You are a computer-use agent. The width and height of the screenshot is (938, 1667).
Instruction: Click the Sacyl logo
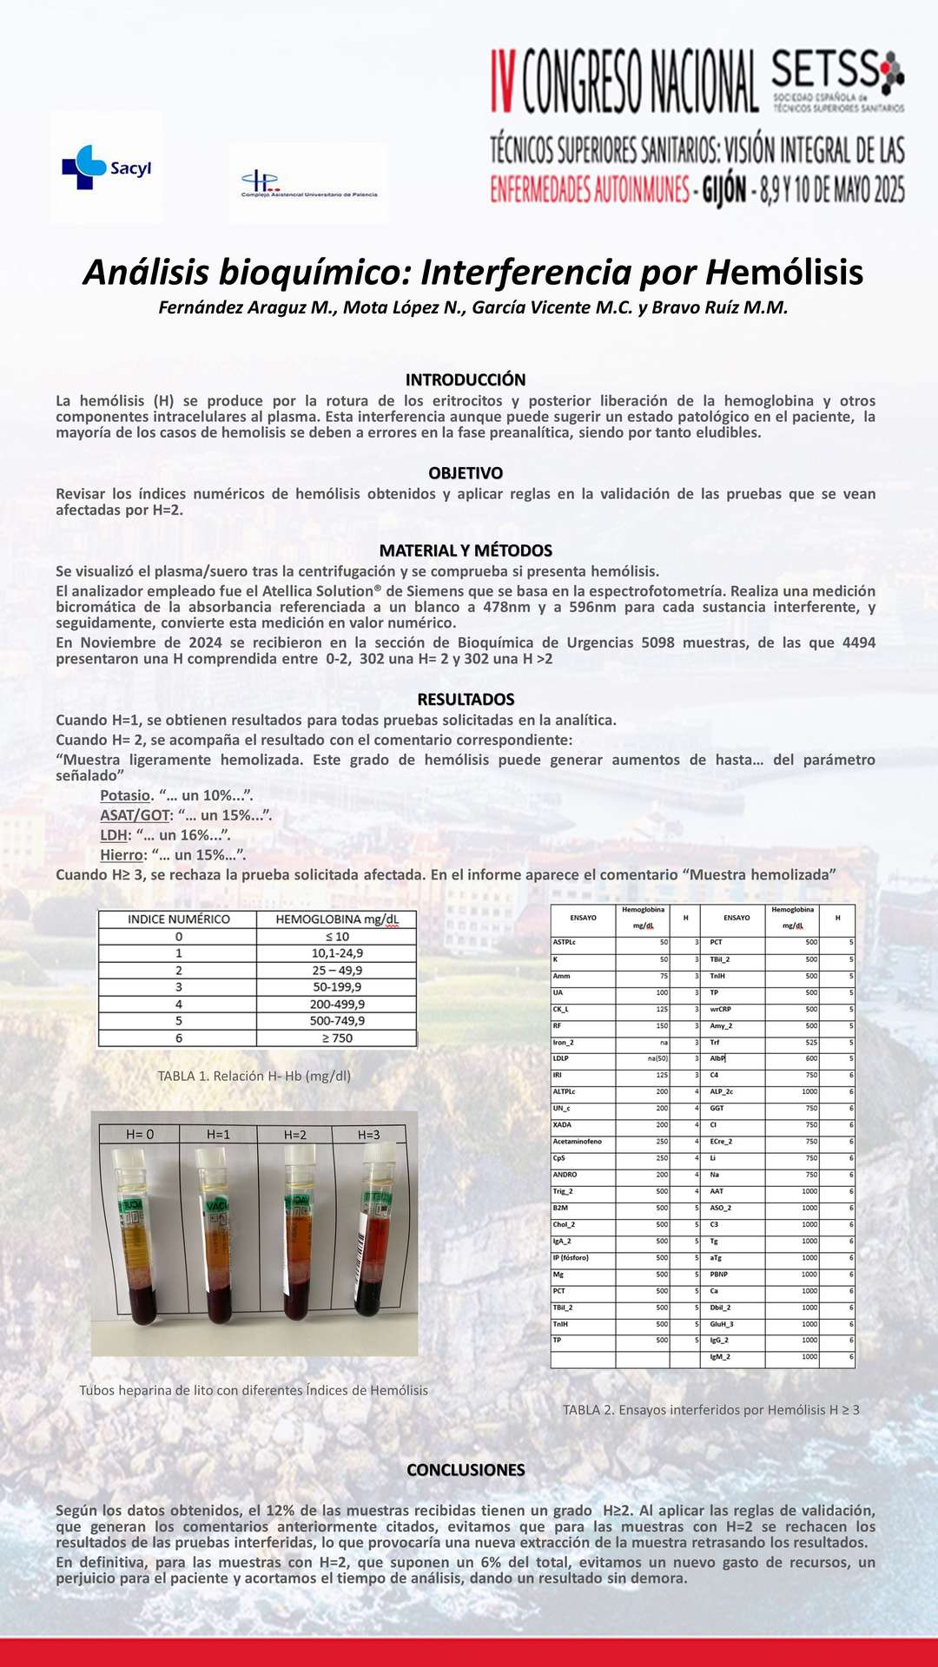(106, 168)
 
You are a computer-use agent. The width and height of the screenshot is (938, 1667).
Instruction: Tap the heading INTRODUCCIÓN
(466, 379)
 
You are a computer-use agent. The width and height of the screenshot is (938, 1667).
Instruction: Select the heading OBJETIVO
(466, 473)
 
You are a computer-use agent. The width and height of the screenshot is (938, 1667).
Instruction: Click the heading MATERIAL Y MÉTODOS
(466, 550)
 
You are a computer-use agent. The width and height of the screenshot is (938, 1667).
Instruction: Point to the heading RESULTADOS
(466, 699)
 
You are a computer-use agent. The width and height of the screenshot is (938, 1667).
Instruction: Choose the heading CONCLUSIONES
(466, 1470)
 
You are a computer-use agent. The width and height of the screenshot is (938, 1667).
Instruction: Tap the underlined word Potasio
(125, 795)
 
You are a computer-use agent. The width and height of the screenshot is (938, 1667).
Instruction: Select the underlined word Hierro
(121, 855)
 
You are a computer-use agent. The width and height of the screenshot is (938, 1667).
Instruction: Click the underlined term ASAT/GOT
(135, 815)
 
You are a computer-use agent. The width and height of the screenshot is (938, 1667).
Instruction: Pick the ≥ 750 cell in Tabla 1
(337, 1038)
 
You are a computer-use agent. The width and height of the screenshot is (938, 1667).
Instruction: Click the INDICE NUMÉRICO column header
(179, 919)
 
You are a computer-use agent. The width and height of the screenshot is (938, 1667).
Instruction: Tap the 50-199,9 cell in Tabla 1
(337, 987)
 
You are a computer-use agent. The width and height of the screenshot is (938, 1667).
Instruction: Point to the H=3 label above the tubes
(369, 1135)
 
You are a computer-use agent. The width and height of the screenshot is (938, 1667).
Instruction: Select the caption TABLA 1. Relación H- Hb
(254, 1076)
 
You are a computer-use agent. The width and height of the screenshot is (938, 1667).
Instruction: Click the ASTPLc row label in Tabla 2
(565, 942)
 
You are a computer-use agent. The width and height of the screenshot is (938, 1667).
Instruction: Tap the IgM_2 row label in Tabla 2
(720, 1357)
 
